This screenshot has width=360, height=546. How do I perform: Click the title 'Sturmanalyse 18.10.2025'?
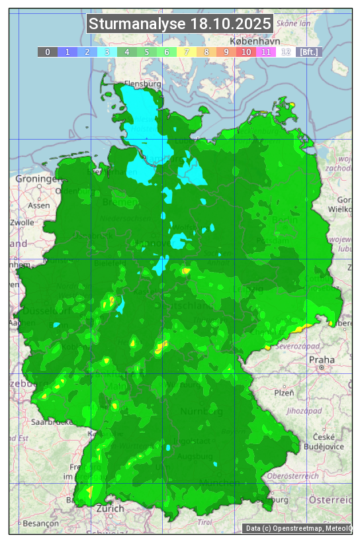[x=180, y=24]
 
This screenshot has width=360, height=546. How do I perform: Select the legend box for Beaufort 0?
[x=47, y=52]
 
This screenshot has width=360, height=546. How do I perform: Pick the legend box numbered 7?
[x=187, y=52]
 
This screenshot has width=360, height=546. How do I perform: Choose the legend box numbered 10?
[x=246, y=52]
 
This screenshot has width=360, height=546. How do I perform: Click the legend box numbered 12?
[x=286, y=52]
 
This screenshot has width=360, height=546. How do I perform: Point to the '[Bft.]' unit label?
[x=308, y=52]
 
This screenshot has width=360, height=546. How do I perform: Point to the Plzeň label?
[x=284, y=393]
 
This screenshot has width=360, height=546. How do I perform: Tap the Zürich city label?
[x=110, y=509]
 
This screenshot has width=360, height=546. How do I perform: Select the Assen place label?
[x=39, y=205]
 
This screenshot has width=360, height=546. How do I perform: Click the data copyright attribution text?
[x=298, y=528]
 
